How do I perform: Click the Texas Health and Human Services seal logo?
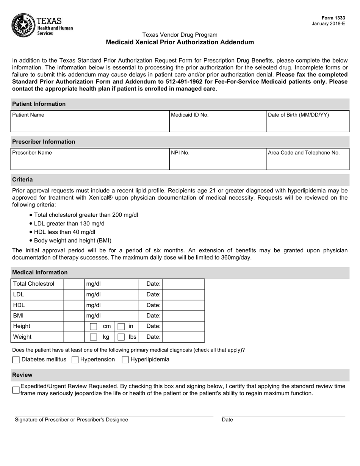(x=23, y=25)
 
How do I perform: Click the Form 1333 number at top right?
(x=333, y=18)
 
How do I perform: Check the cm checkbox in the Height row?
(x=93, y=326)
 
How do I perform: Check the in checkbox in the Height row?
(x=121, y=326)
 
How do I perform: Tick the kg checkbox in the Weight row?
(x=93, y=337)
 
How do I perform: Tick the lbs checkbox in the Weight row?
(x=121, y=337)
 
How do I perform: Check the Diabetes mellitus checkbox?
(x=16, y=360)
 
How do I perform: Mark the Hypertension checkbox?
(x=75, y=360)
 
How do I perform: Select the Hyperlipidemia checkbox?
(x=125, y=360)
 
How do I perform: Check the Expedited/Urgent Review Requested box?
(x=16, y=390)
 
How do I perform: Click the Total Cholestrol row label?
(x=34, y=284)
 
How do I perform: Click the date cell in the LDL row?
(x=183, y=294)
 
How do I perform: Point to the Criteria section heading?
(x=22, y=180)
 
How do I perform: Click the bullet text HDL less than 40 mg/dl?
(x=64, y=232)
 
